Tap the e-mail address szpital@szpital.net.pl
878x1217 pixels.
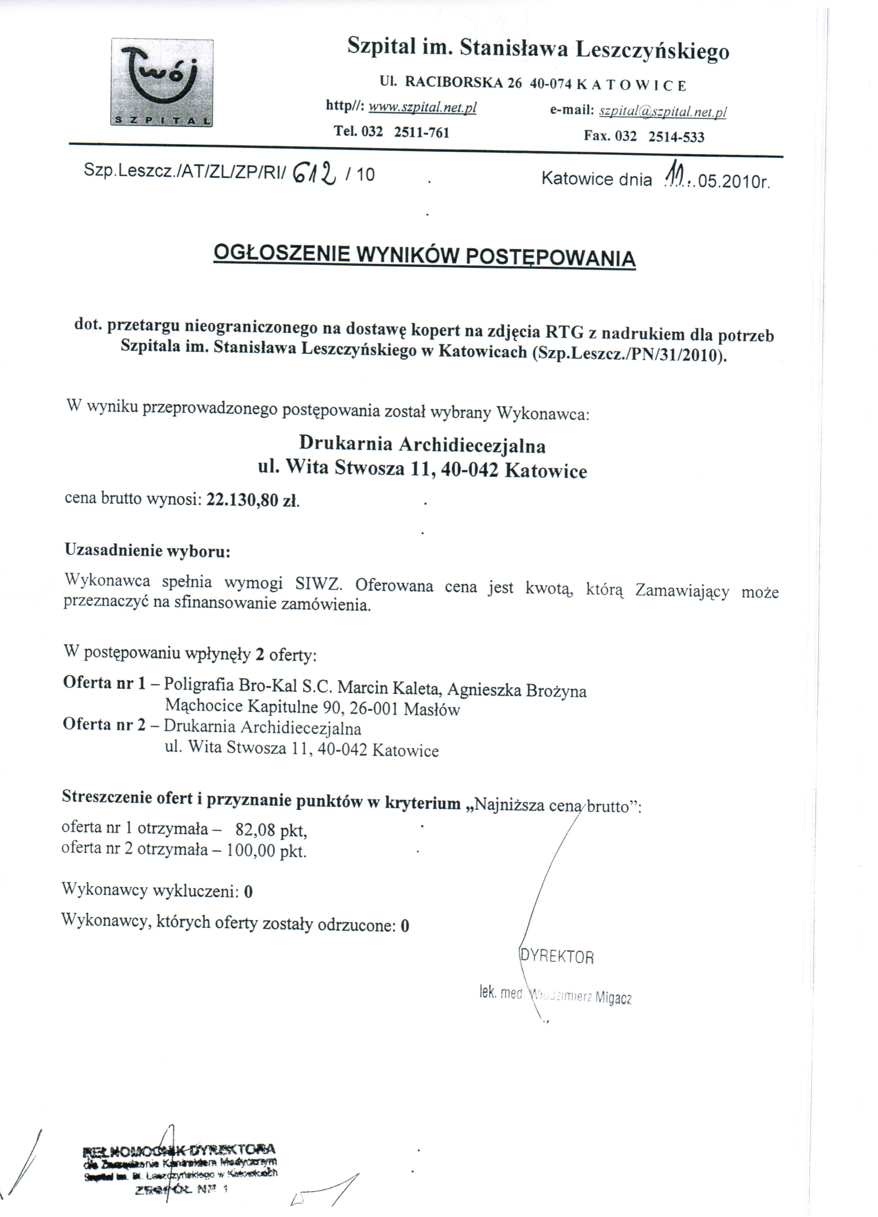pos(662,111)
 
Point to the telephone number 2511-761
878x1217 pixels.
pos(421,132)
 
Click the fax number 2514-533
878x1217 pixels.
pos(676,136)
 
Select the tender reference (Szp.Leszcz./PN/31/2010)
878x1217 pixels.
pos(629,355)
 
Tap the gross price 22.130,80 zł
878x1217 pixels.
pos(252,500)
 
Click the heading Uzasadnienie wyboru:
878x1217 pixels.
pos(148,551)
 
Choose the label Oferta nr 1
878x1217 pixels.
pos(104,683)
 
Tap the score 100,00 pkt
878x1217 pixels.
pos(266,851)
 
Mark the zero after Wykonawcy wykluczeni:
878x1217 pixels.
pos(248,892)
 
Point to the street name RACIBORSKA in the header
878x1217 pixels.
pos(454,82)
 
